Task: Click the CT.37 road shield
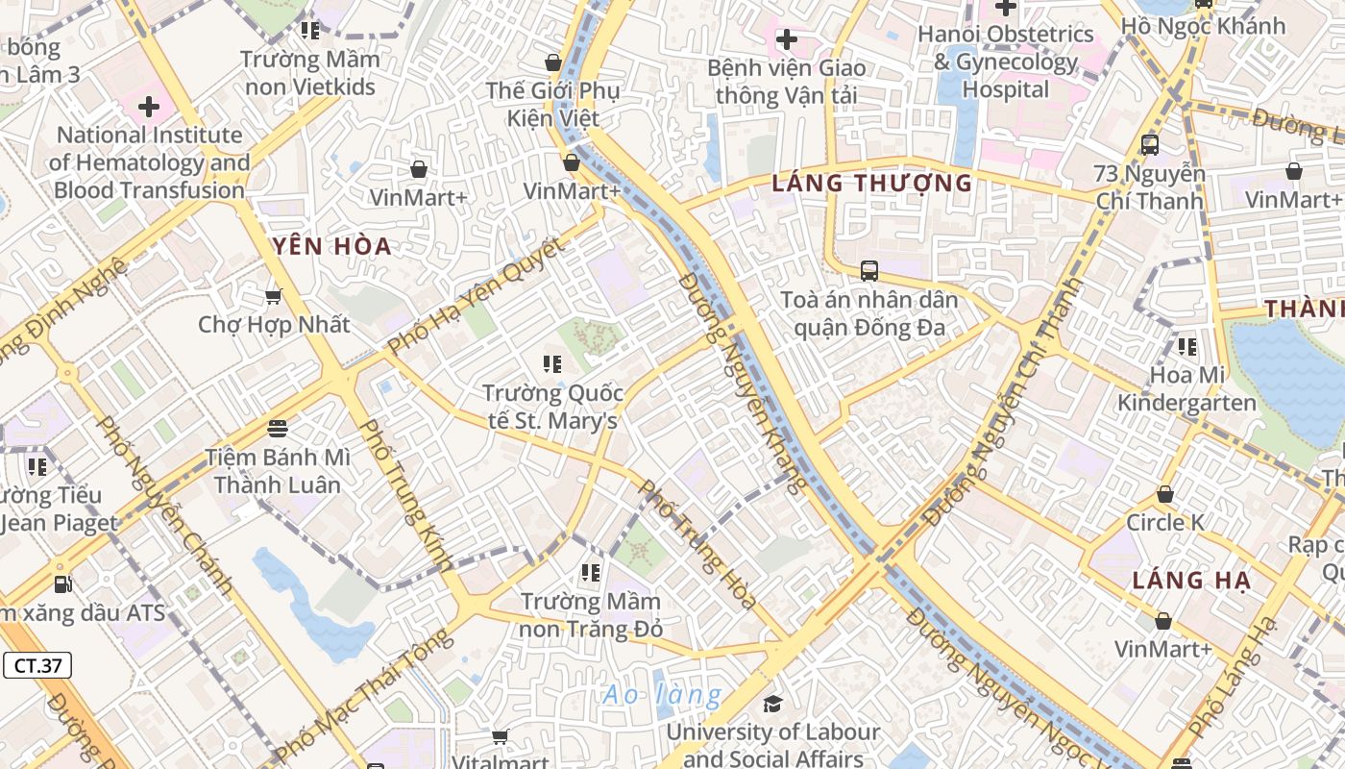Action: pos(37,665)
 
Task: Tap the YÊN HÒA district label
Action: pos(331,246)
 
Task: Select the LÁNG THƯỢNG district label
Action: pos(872,183)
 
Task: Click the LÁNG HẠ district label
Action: pos(1191,581)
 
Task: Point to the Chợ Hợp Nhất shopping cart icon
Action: pos(274,296)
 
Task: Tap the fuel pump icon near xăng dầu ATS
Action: pos(62,583)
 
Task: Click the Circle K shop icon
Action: pos(1164,494)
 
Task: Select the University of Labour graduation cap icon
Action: pos(772,704)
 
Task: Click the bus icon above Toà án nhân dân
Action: pos(869,271)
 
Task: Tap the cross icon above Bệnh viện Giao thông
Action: pos(786,39)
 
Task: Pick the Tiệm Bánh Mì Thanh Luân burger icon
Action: pos(278,428)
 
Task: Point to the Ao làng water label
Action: pos(662,694)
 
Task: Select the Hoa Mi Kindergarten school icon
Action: pos(1187,346)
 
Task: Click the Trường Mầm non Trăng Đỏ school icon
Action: pos(591,573)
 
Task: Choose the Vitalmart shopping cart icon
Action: pos(500,737)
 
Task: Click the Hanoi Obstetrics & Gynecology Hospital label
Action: pos(1006,62)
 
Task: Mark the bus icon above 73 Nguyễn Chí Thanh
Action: pos(1149,145)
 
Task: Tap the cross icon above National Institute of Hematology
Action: pos(149,106)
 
